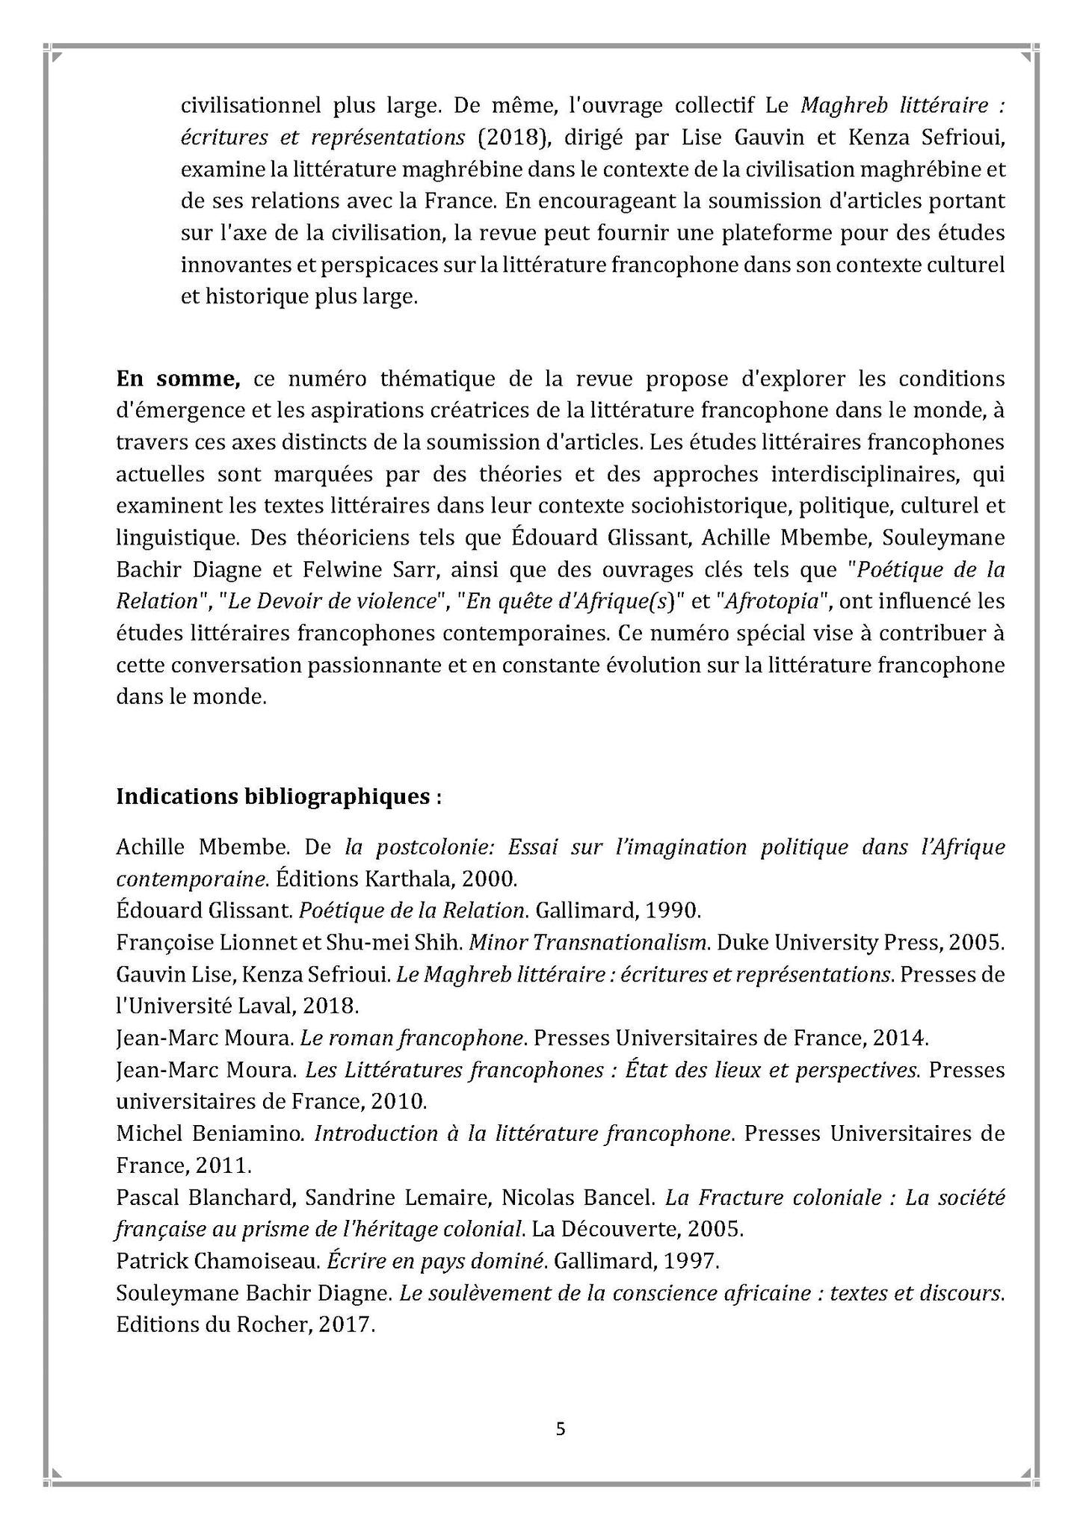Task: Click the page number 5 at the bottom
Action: [x=561, y=1429]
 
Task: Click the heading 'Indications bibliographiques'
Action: [x=279, y=796]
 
